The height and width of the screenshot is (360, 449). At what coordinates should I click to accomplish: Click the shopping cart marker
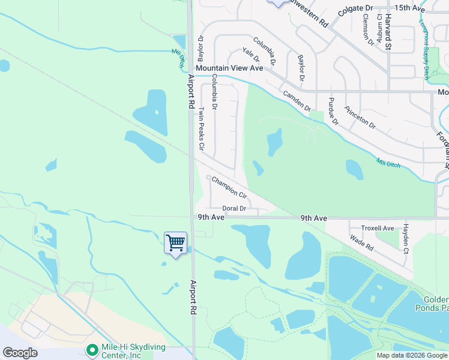point(175,244)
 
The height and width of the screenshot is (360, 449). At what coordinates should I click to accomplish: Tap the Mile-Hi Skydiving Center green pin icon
point(92,349)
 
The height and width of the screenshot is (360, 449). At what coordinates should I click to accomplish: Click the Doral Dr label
point(235,209)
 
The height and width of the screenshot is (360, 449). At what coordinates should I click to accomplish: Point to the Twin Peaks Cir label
point(202,128)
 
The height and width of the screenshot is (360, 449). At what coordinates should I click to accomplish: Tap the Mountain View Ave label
point(229,68)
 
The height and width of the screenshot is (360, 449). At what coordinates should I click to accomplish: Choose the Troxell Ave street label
point(378,228)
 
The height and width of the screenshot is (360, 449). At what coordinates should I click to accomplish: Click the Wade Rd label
point(362,244)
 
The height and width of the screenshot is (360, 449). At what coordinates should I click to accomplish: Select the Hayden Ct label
point(406,238)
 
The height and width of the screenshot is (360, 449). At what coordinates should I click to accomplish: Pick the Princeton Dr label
point(360,118)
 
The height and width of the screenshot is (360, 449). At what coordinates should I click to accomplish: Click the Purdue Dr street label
point(333,111)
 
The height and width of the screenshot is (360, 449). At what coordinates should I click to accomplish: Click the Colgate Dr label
point(355,8)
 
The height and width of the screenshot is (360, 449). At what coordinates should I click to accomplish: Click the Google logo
point(20,353)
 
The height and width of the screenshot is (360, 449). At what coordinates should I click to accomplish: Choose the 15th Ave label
point(410,8)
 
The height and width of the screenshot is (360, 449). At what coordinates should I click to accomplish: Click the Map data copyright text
point(412,355)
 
